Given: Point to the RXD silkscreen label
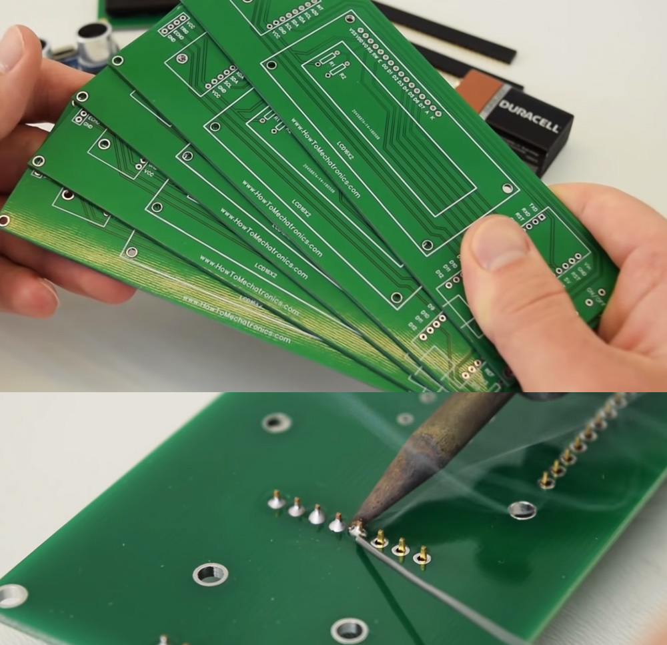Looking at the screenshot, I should (527, 213).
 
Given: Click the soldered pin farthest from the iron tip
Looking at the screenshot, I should (275, 499).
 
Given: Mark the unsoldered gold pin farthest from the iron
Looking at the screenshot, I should (422, 555).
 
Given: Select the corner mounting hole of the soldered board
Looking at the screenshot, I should (12, 595).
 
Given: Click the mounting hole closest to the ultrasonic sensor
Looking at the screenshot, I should (118, 61).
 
